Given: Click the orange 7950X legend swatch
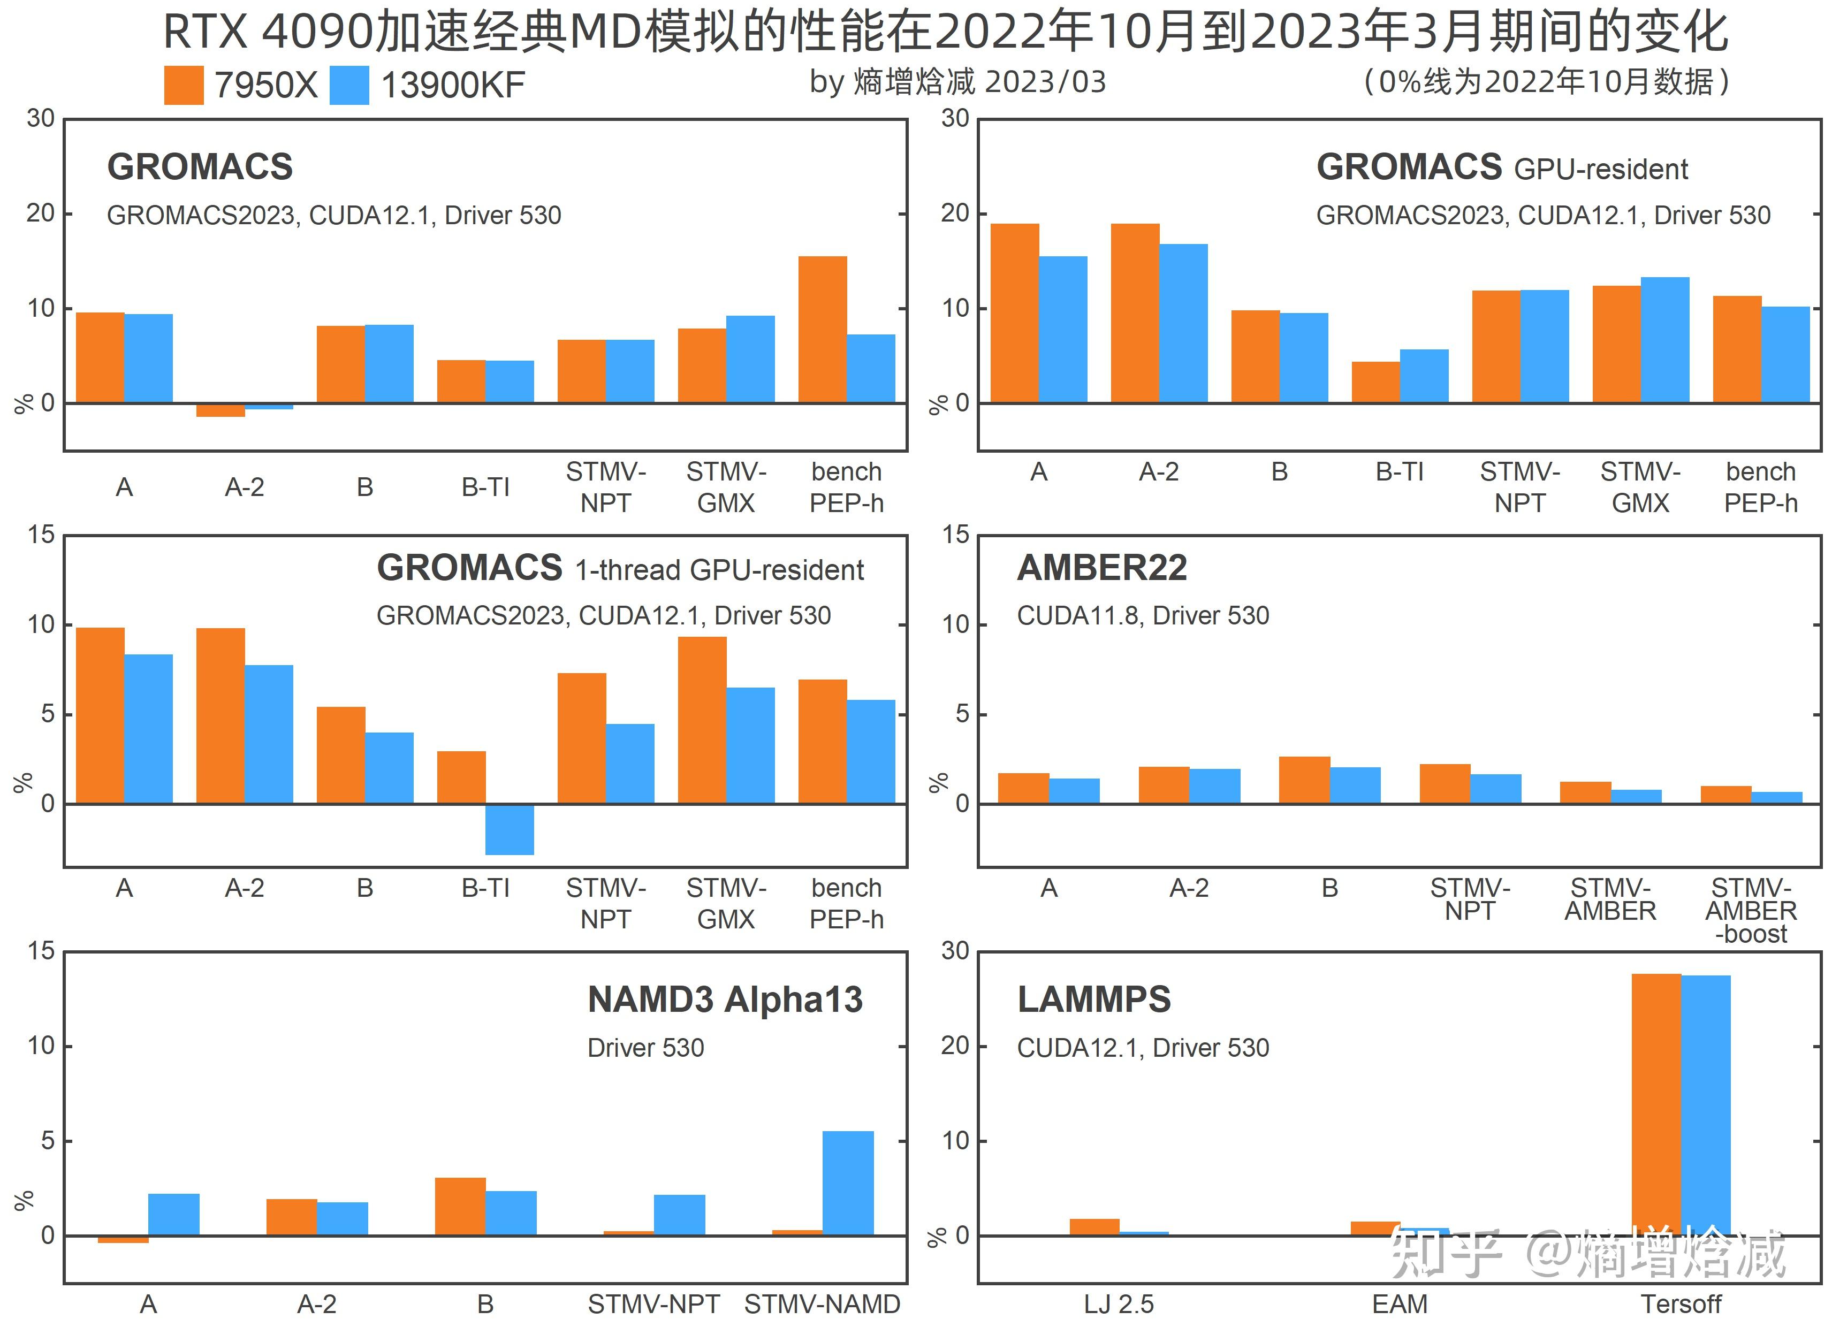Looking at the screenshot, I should [x=184, y=85].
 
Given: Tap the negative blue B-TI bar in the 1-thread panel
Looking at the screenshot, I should [x=509, y=829].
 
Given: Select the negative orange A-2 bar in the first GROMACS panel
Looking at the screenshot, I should [x=221, y=410].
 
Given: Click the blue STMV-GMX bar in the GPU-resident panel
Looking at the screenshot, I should [x=1665, y=339].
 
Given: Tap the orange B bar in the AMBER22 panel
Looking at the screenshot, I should [x=1304, y=780].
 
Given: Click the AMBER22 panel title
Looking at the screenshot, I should [x=1102, y=568].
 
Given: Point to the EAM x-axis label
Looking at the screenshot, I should [x=1400, y=1303].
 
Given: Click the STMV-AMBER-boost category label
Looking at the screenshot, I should [x=1751, y=911].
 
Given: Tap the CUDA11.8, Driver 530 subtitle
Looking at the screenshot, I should [x=1142, y=615].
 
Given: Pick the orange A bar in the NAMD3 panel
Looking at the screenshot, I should [x=123, y=1239].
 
